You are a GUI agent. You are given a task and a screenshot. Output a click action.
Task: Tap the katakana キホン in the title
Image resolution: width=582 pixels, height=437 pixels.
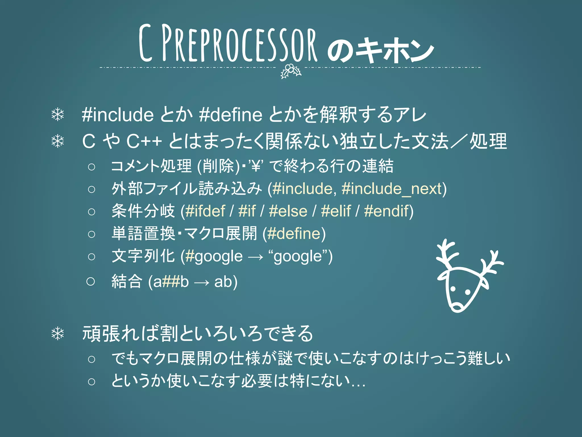395,50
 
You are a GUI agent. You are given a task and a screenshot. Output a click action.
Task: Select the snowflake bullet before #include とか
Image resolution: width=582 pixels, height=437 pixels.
58,115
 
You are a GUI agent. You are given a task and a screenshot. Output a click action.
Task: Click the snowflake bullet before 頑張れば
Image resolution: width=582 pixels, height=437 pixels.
58,334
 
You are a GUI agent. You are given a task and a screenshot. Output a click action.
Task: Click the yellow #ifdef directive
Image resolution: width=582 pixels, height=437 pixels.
205,211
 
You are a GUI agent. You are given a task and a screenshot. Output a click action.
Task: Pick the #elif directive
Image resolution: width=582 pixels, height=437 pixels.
336,211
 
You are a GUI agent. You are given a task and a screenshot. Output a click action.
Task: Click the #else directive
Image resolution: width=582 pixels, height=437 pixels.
288,211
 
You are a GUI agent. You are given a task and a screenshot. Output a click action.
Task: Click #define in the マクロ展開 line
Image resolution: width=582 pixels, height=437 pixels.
294,234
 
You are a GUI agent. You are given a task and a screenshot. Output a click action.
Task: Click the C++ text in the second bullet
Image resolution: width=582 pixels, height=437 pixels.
144,141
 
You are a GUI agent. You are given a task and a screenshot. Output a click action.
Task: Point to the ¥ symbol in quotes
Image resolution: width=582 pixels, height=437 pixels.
256,166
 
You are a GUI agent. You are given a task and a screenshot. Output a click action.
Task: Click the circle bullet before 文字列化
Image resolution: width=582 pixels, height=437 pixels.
92,257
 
